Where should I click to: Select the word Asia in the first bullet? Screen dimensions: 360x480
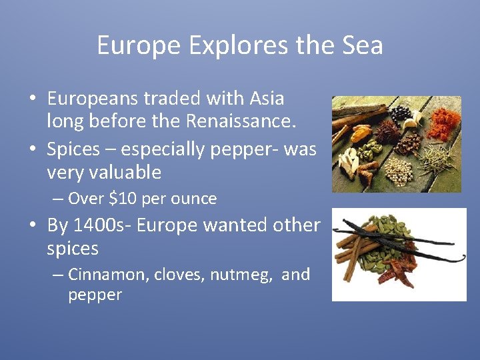[265, 99]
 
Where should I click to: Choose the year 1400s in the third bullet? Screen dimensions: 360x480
[94, 225]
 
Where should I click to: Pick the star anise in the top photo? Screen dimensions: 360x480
[387, 131]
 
